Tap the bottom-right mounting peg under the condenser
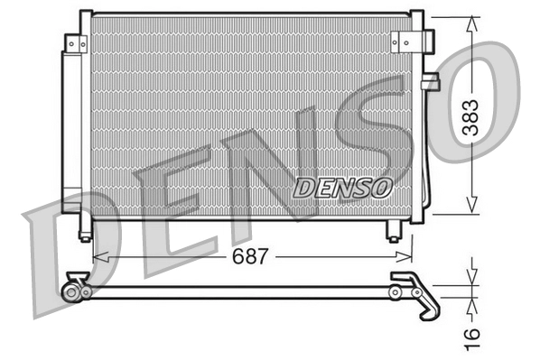(x=394, y=231)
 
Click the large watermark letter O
(x=479, y=99)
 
